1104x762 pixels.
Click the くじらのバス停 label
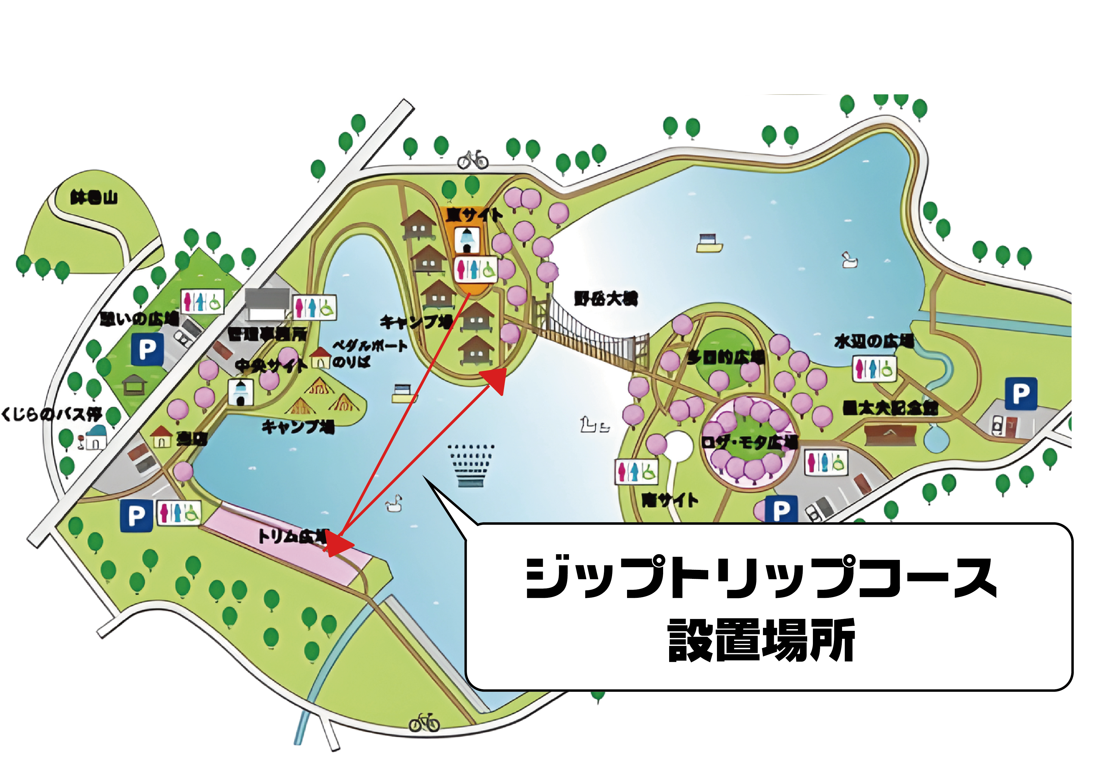click(51, 413)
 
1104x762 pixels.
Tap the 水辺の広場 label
click(874, 341)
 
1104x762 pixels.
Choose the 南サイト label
click(669, 500)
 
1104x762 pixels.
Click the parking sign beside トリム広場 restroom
click(136, 516)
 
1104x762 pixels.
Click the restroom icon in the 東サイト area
click(475, 269)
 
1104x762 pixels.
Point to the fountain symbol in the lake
click(470, 465)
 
